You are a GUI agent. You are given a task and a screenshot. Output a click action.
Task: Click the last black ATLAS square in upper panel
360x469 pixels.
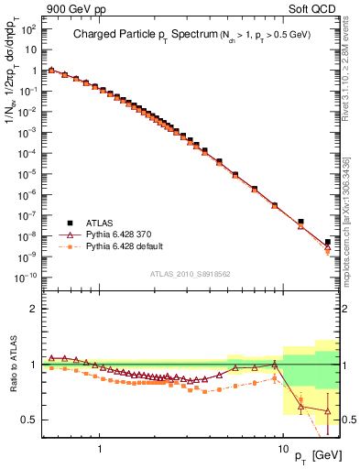pos(328,243)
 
